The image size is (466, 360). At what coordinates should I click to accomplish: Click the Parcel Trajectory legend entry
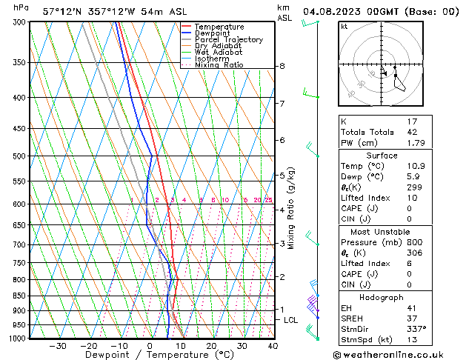click(228, 39)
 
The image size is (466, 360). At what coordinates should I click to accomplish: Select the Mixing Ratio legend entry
click(219, 65)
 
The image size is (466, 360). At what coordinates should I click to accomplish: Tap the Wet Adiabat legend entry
click(218, 52)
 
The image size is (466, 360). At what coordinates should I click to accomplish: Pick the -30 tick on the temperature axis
click(58, 346)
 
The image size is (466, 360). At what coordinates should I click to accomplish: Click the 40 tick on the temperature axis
click(273, 346)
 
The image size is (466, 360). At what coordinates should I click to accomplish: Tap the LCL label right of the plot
click(291, 320)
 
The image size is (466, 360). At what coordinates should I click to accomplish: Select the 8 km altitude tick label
click(282, 66)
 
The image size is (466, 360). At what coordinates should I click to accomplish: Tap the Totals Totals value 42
click(413, 132)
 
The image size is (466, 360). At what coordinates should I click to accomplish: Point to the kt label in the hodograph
click(344, 26)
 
